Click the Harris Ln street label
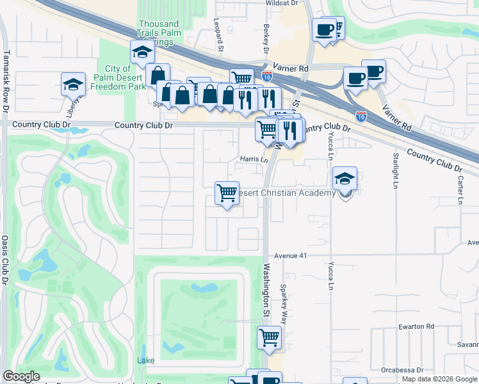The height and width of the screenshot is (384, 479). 253,159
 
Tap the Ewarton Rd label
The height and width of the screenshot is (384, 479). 416,326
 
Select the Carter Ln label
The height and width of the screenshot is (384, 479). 460,191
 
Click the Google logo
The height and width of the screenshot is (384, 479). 21,376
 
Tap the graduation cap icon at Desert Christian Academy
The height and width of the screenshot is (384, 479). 345,179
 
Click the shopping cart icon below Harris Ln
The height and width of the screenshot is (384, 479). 227,193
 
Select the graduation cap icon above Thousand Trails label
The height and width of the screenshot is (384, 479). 142,52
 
